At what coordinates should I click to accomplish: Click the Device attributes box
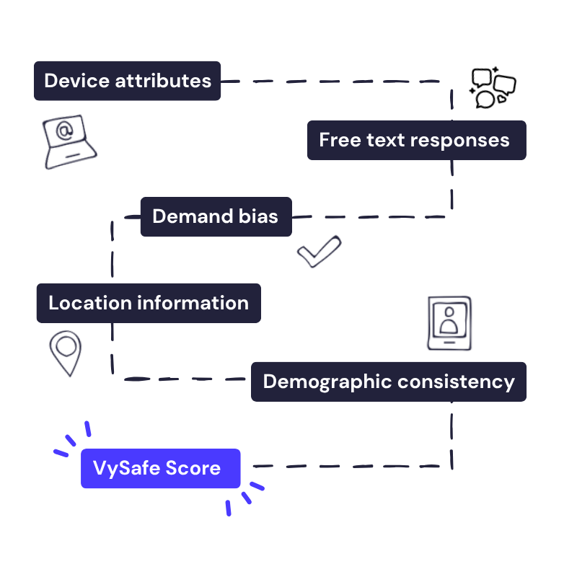coord(127,81)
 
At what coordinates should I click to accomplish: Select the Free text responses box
coord(416,140)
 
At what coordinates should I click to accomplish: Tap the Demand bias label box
coord(216,216)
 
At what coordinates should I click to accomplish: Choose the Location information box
coord(148,303)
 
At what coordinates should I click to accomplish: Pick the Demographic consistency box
coord(388,382)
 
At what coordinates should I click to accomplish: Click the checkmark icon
coord(318,250)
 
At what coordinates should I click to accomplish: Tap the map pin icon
coord(66,353)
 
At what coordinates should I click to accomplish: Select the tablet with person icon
coord(449,322)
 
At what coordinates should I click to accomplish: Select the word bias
coord(257,216)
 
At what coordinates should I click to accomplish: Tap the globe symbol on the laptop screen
coord(64,131)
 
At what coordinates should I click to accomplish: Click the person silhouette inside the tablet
coord(449,320)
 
